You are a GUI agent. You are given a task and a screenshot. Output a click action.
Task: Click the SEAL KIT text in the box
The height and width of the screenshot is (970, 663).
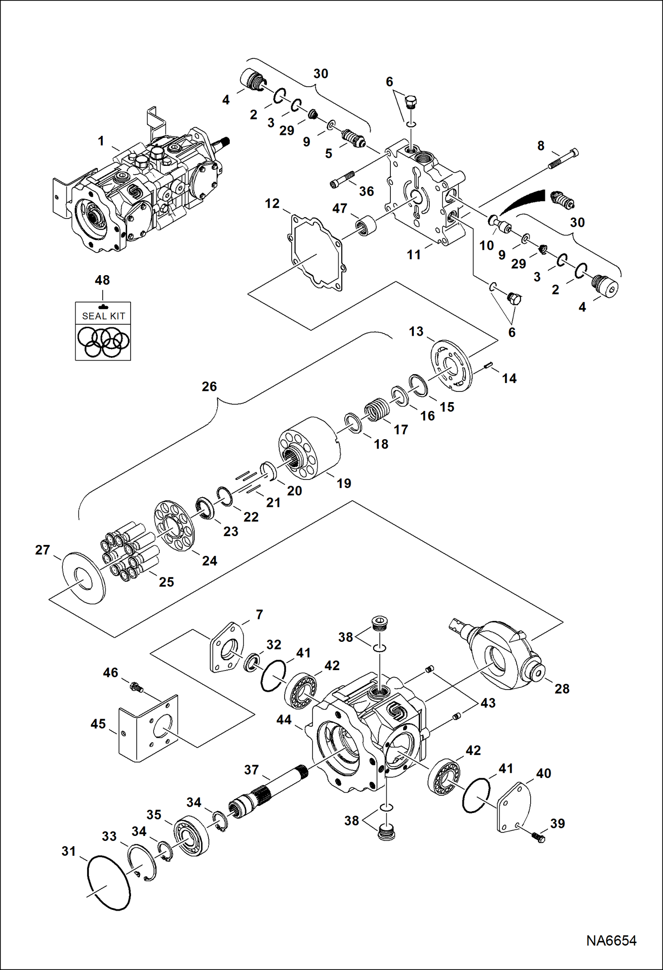pos(104,316)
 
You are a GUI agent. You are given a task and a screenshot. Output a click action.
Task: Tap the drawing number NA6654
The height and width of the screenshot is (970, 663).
pos(611,940)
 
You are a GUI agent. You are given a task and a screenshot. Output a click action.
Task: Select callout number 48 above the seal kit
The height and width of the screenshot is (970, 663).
pos(102,280)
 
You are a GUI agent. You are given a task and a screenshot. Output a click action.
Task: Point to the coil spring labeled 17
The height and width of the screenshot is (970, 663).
pos(377,410)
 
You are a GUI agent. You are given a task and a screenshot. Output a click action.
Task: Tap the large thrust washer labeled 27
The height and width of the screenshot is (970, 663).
pos(84,578)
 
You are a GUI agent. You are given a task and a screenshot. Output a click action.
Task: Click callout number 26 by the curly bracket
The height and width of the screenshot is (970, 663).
pos(209,386)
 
